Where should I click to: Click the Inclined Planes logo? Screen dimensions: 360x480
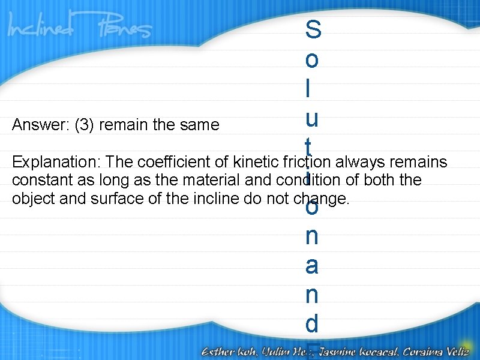(80, 28)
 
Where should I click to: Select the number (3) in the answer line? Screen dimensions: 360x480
(85, 125)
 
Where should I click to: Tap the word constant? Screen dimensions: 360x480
(39, 181)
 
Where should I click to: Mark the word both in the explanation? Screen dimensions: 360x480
(386, 181)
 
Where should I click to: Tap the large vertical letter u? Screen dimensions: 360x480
(312, 119)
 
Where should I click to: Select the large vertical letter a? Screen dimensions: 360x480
(312, 266)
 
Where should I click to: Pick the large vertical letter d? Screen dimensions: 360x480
(312, 324)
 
